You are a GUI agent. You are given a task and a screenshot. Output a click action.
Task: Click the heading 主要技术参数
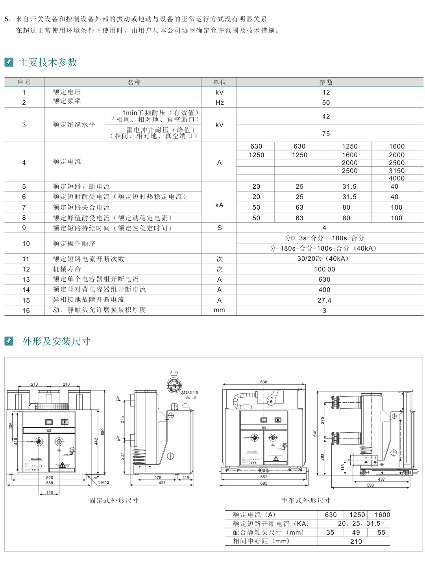click(x=48, y=62)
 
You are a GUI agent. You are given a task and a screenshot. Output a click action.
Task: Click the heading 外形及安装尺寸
click(x=56, y=341)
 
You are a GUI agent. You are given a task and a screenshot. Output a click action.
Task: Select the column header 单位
click(x=220, y=82)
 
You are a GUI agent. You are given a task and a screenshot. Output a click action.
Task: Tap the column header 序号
click(x=24, y=82)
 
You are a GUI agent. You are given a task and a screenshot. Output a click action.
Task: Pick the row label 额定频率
click(x=67, y=101)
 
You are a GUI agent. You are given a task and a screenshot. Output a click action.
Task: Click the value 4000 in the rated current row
click(x=397, y=178)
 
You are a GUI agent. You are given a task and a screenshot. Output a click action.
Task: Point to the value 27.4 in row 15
click(x=324, y=300)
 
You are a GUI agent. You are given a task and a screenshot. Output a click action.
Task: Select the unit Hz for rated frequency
click(x=220, y=102)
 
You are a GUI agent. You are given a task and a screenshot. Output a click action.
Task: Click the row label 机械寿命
click(x=67, y=269)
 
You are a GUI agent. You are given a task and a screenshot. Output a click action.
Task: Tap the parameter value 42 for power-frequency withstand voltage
click(x=326, y=116)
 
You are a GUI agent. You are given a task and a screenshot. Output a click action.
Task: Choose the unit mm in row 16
click(x=219, y=310)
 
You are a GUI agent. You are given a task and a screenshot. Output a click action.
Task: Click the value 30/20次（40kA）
click(x=323, y=258)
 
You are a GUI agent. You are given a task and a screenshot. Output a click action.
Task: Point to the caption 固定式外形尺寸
click(x=114, y=500)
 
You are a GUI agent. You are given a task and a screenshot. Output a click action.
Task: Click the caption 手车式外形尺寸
click(x=306, y=500)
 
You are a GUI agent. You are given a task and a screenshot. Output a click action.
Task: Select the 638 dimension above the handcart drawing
click(x=264, y=382)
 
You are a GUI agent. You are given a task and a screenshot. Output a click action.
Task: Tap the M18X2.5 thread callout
click(x=190, y=392)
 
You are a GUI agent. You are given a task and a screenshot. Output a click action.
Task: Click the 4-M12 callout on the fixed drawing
click(x=103, y=482)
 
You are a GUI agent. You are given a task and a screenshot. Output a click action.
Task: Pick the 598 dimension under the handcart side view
click(x=370, y=485)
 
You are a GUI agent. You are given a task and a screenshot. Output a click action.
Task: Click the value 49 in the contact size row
click(x=356, y=532)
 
